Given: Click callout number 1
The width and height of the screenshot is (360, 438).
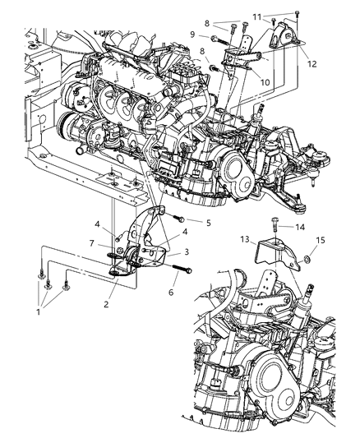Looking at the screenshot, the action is click(39, 311).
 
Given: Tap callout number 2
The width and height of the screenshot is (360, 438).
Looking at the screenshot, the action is click(106, 304).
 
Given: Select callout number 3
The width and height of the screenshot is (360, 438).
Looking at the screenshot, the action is click(187, 251).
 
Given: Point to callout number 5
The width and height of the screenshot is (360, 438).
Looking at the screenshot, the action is click(208, 223).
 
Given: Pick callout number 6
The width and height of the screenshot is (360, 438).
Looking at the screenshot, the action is click(171, 293).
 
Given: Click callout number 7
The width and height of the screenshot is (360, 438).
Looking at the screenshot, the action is click(91, 243).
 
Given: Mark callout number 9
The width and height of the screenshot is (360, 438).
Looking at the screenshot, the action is click(192, 35).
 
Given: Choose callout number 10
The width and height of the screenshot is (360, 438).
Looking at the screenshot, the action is click(265, 82).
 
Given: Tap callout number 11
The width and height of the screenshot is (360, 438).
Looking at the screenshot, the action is click(257, 17).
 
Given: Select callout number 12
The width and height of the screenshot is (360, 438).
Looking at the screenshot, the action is click(312, 64).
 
